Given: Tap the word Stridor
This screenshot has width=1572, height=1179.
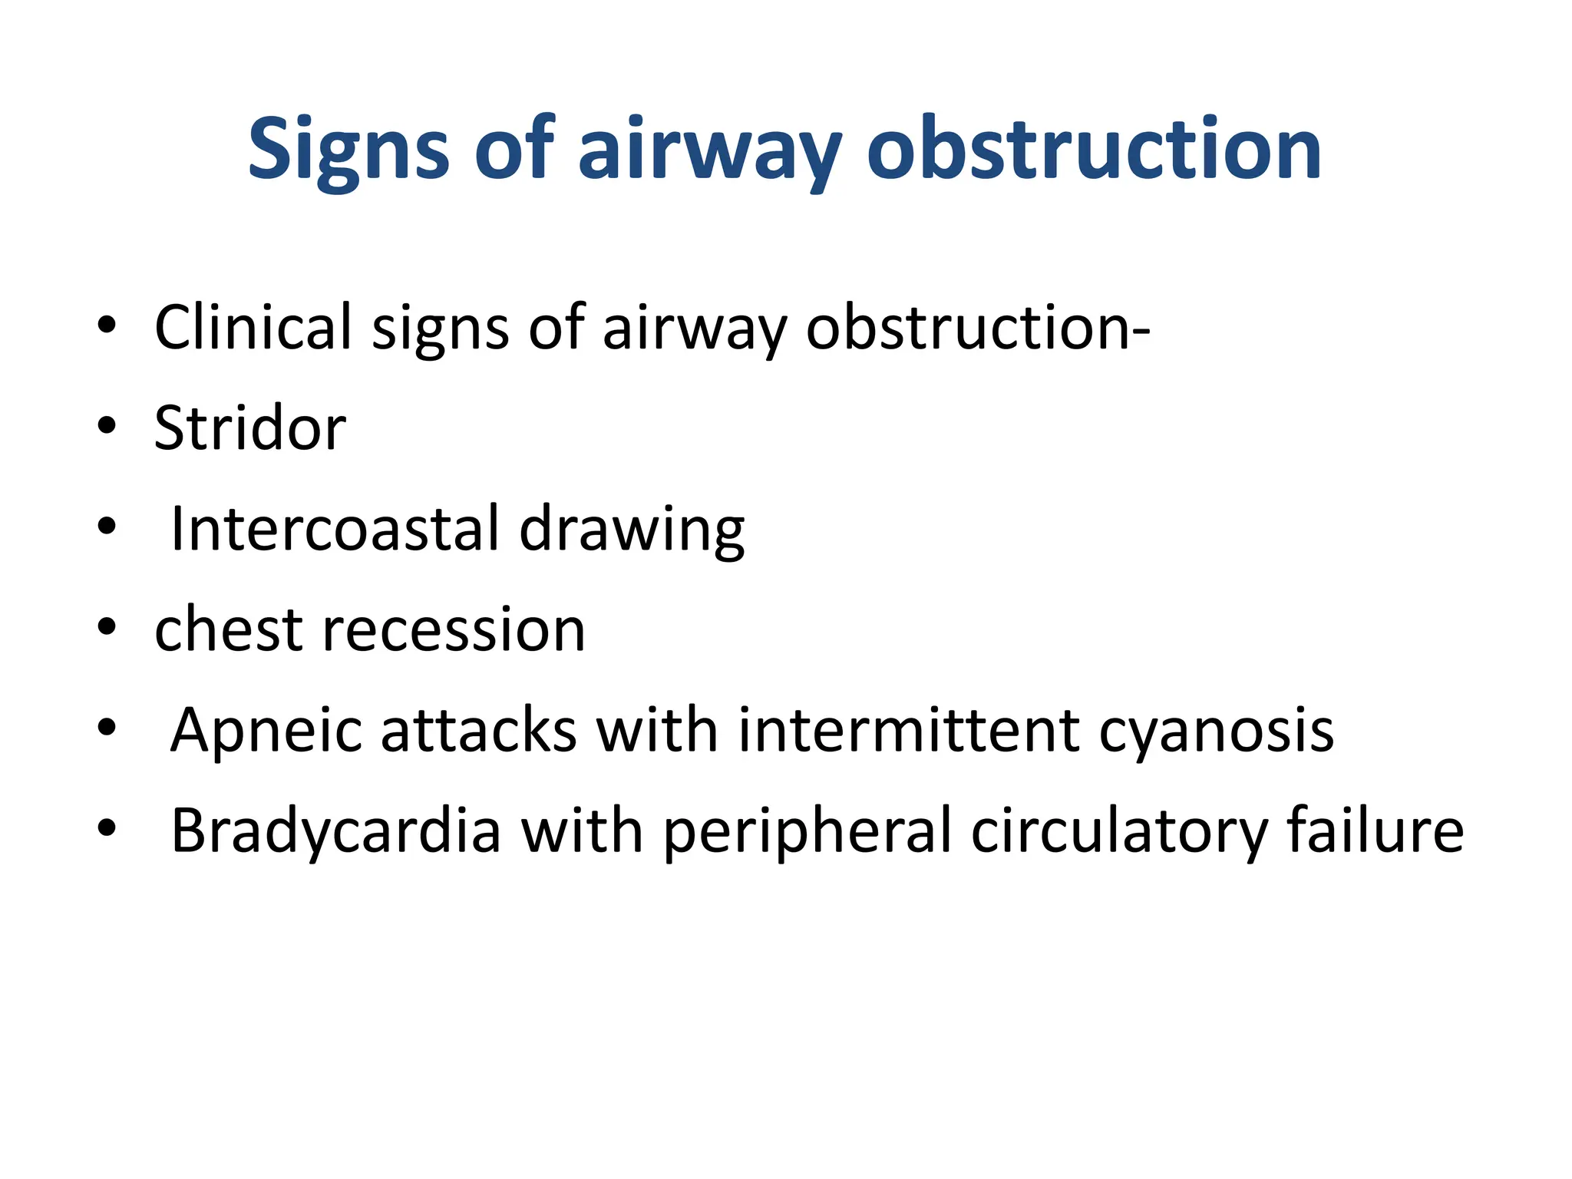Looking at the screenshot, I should tap(249, 428).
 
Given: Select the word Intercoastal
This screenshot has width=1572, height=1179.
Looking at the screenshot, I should tap(334, 529).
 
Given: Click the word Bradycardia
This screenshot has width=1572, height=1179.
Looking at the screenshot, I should tap(335, 831).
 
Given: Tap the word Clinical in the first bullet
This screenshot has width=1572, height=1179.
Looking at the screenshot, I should tap(253, 327).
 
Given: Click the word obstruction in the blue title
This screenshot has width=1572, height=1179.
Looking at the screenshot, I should tap(1094, 148).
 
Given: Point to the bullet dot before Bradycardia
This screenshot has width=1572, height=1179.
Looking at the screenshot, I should tap(107, 828).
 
